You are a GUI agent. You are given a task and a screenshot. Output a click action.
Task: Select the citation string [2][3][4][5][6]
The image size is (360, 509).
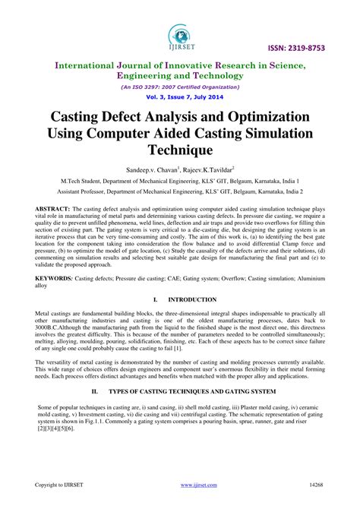click(x=55, y=428)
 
